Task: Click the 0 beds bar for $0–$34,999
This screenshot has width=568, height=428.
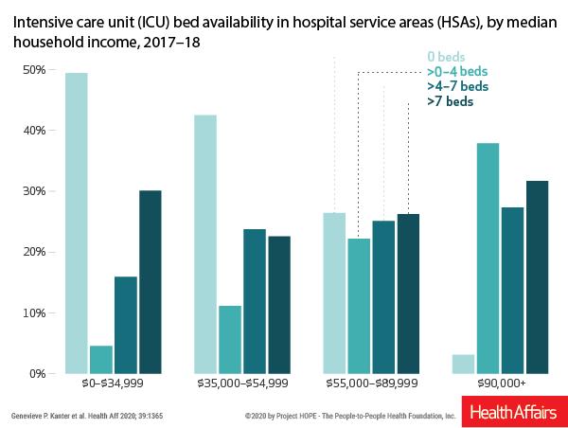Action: (x=77, y=223)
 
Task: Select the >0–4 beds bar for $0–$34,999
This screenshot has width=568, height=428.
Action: (x=101, y=359)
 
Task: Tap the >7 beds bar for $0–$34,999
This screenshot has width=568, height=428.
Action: (x=150, y=281)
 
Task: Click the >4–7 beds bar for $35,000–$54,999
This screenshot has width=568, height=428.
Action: (x=254, y=300)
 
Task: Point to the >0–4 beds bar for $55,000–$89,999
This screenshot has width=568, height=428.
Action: (x=359, y=305)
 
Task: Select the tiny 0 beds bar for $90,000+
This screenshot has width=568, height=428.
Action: (x=463, y=364)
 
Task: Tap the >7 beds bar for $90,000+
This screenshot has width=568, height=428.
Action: (x=537, y=276)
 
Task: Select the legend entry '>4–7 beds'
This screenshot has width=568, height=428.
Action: (x=457, y=86)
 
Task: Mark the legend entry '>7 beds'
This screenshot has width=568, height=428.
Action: (x=450, y=101)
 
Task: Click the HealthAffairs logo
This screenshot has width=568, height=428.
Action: (x=511, y=413)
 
